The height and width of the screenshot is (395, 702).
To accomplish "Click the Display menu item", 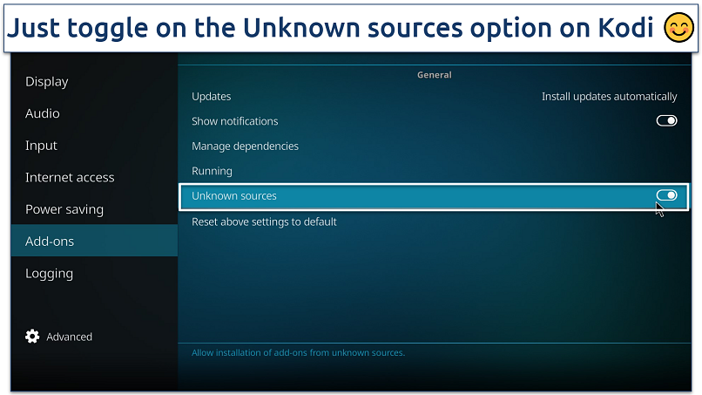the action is tap(46, 82).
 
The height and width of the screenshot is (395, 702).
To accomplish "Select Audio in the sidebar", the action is tap(43, 113).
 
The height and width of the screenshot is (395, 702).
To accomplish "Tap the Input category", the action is tap(41, 146).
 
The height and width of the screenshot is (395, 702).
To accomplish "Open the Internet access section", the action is tap(70, 178).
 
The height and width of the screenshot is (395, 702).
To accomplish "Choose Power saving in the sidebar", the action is tap(64, 209).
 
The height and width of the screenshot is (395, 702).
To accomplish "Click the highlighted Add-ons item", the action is tap(50, 242).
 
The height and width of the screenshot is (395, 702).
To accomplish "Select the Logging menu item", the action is tap(50, 274).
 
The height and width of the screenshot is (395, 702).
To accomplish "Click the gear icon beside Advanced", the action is tap(32, 337).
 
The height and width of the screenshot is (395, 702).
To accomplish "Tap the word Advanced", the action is tap(70, 337).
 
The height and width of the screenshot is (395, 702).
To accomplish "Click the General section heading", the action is tap(435, 75).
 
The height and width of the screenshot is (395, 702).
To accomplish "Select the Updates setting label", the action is tap(212, 97).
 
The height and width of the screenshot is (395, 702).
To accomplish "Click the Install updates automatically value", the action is tap(610, 97).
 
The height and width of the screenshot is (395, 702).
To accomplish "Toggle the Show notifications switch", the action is tap(666, 120).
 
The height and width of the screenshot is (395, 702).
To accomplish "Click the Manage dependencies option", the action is tap(245, 146).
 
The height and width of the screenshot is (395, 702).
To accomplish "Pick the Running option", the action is tap(212, 171).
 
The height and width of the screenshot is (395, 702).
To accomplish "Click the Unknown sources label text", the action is tap(234, 196).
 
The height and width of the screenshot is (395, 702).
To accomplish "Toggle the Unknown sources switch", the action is tap(666, 195).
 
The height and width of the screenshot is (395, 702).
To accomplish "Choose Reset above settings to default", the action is tap(264, 221).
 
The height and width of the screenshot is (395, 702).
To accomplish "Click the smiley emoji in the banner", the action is tap(678, 27).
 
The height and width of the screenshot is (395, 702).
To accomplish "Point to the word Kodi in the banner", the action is tap(626, 28).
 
